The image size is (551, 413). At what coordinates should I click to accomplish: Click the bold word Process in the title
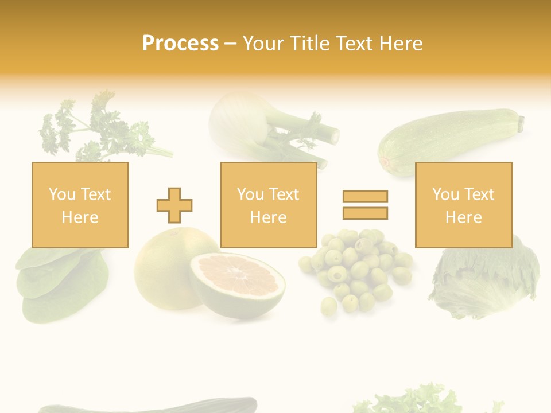(180, 44)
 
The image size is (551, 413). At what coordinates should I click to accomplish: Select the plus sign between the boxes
(174, 205)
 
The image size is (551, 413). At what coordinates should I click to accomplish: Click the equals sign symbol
(365, 205)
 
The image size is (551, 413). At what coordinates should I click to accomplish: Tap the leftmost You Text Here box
(80, 205)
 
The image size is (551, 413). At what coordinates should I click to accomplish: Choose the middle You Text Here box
(268, 205)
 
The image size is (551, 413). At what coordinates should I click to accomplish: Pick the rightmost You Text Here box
(463, 205)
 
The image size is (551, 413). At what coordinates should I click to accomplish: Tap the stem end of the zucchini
(521, 123)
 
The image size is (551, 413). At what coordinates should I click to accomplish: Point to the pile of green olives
(356, 270)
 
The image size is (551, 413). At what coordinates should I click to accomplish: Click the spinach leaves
(60, 284)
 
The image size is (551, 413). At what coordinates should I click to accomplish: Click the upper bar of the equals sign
(365, 196)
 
